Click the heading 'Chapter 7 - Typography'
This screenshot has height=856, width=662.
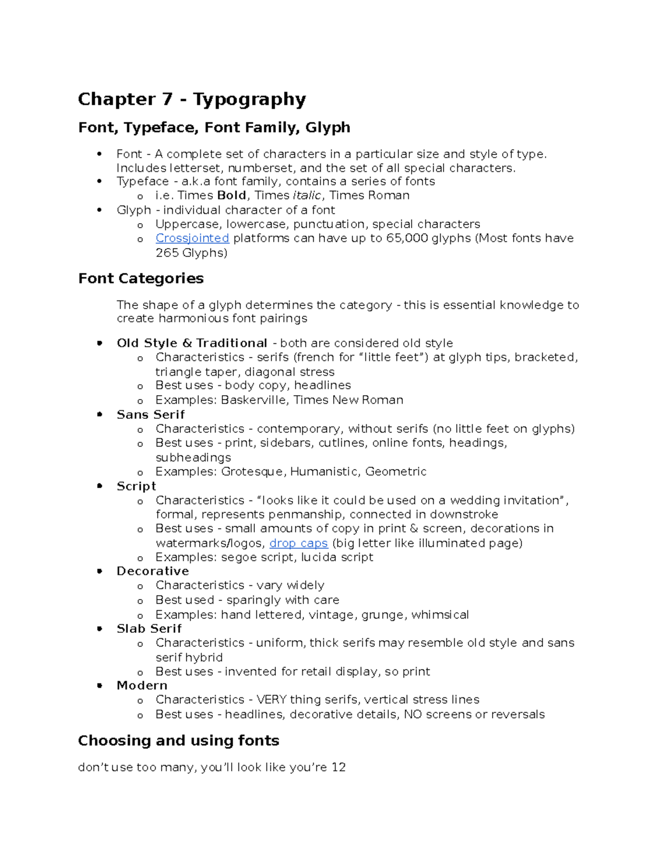click(x=191, y=99)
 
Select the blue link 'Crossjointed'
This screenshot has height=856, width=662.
click(x=192, y=238)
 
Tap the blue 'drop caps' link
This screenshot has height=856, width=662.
click(x=298, y=543)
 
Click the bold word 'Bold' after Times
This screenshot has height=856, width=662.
click(x=231, y=195)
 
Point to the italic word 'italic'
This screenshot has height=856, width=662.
click(x=307, y=195)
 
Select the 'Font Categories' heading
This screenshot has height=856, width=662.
click(x=141, y=278)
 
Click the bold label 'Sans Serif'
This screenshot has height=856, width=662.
click(x=150, y=414)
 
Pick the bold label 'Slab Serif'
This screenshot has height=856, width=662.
click(x=149, y=628)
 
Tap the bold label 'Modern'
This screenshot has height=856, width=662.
click(x=142, y=685)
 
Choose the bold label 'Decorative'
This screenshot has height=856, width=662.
click(x=152, y=571)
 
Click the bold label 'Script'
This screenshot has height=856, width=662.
click(x=136, y=486)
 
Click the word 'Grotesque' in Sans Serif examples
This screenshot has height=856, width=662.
click(x=253, y=471)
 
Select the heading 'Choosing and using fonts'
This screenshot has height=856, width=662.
click(x=178, y=740)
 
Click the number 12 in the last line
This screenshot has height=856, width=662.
click(x=338, y=767)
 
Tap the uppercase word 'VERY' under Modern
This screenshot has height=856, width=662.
click(x=271, y=699)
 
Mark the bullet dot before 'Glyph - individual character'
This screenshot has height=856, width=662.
click(x=99, y=210)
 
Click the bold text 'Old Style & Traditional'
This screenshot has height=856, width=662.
click(x=191, y=343)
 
